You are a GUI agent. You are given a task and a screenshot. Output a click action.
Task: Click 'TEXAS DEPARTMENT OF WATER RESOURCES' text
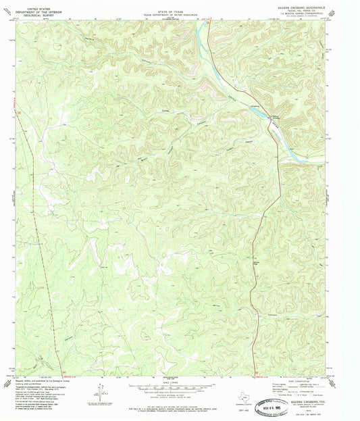[178, 11]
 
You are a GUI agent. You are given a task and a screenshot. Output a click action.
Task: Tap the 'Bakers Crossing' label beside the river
[276, 119]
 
